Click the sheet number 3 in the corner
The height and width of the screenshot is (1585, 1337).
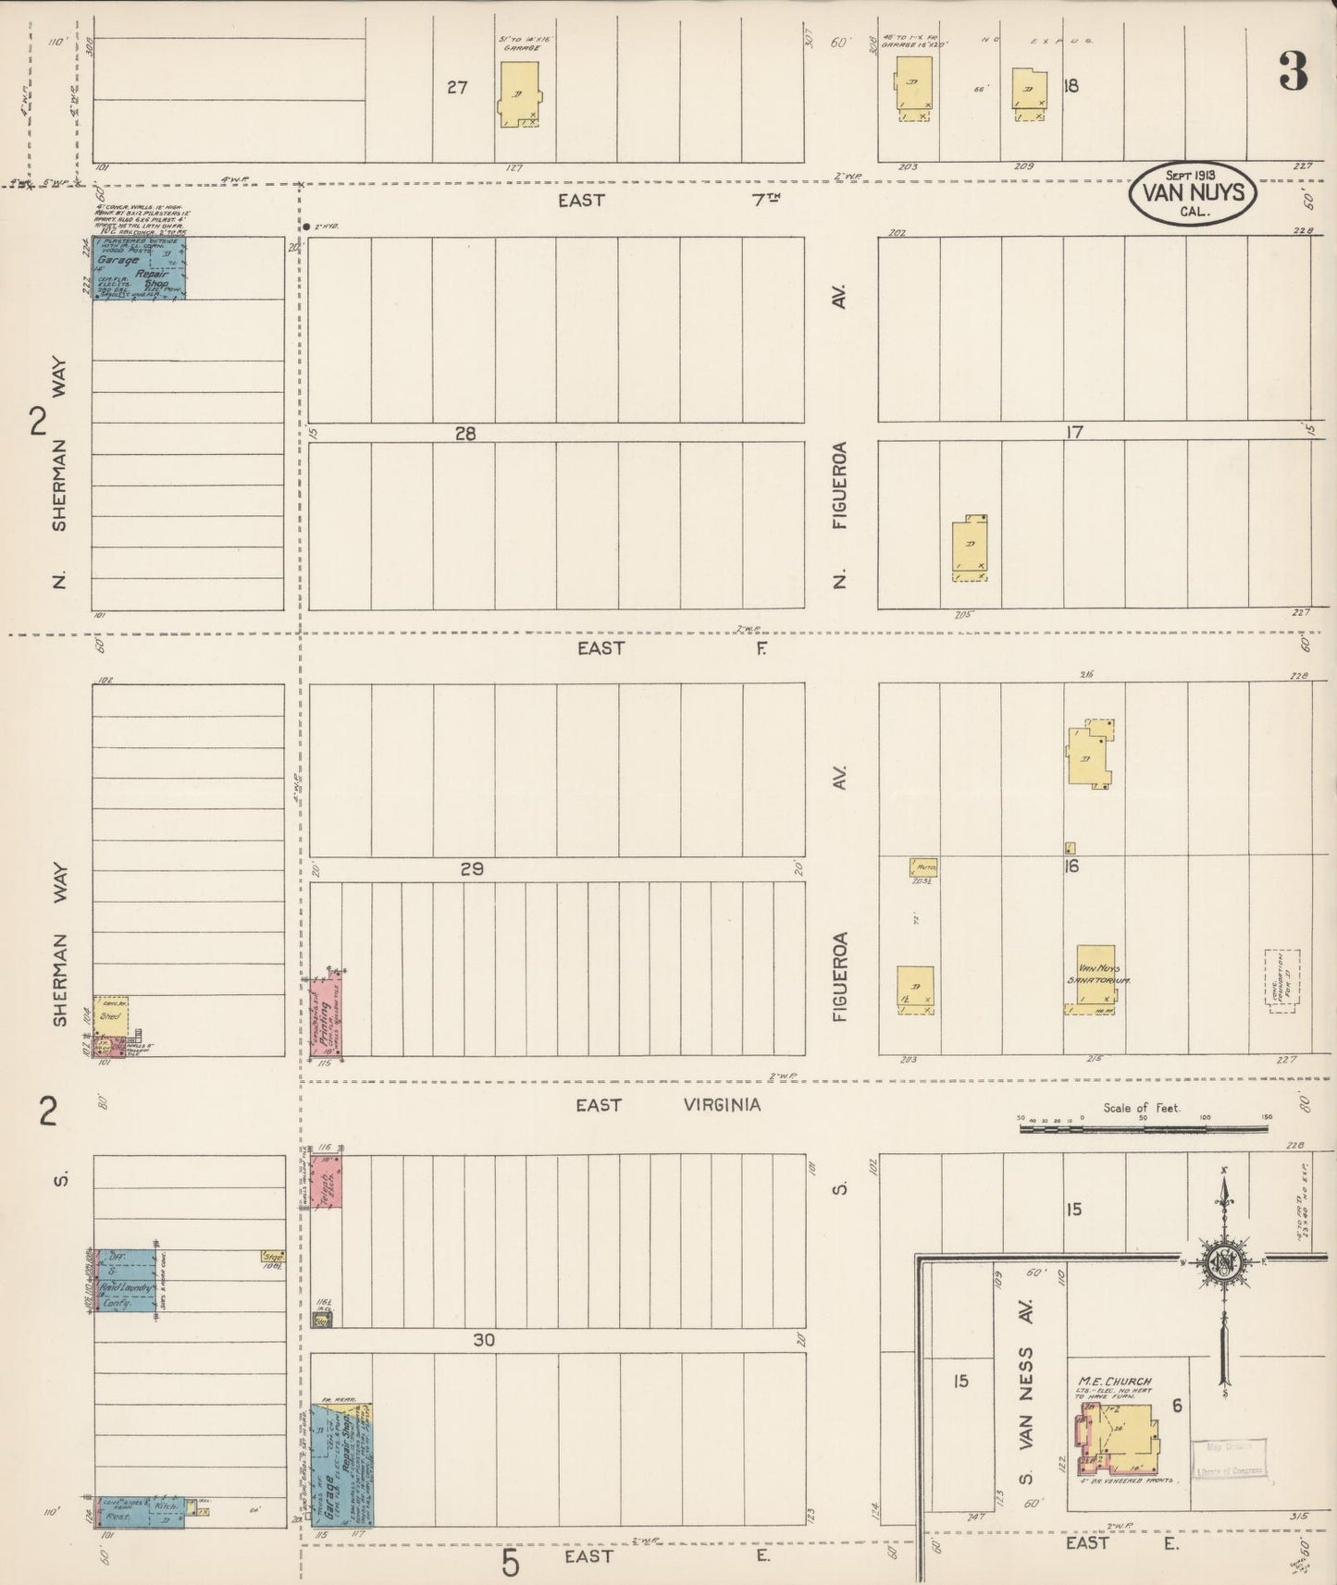[x=1293, y=71]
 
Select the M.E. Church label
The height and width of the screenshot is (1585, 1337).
[x=1114, y=1382]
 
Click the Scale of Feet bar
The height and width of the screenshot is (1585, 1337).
[x=1143, y=1128]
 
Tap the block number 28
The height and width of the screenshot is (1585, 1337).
[x=465, y=433]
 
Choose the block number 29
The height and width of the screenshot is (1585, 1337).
[x=472, y=869]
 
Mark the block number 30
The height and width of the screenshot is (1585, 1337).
[x=484, y=1340]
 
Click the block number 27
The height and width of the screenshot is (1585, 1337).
[x=457, y=88]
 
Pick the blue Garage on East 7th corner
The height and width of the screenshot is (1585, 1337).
[x=140, y=268]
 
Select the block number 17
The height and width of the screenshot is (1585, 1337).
[x=1073, y=431]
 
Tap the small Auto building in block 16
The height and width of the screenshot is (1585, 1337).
[x=924, y=867]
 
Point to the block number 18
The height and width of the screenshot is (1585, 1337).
[x=1071, y=86]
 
